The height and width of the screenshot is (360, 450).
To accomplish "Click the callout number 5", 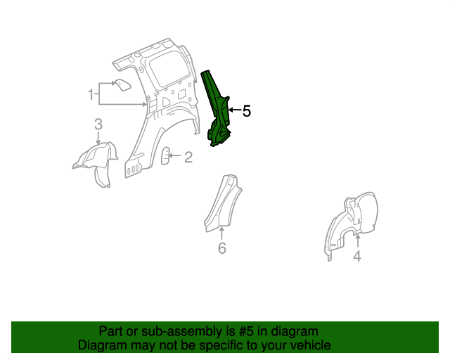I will [246, 111].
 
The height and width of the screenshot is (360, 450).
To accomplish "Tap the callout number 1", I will [91, 94].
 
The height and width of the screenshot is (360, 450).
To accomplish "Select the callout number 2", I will [188, 157].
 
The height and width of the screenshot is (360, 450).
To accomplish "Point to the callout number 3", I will [98, 124].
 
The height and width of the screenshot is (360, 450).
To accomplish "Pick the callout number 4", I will [357, 257].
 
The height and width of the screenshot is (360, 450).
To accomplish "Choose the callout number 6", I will [222, 248].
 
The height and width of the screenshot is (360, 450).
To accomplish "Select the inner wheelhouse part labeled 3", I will [95, 162].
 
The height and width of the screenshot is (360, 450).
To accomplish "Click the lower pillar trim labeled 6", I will [224, 204].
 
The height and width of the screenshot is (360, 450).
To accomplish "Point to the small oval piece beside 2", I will [166, 155].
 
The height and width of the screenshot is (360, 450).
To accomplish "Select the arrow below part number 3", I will [98, 139].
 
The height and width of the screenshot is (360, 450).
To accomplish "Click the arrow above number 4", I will [357, 243].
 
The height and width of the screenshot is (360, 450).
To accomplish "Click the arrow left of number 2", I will [176, 157].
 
